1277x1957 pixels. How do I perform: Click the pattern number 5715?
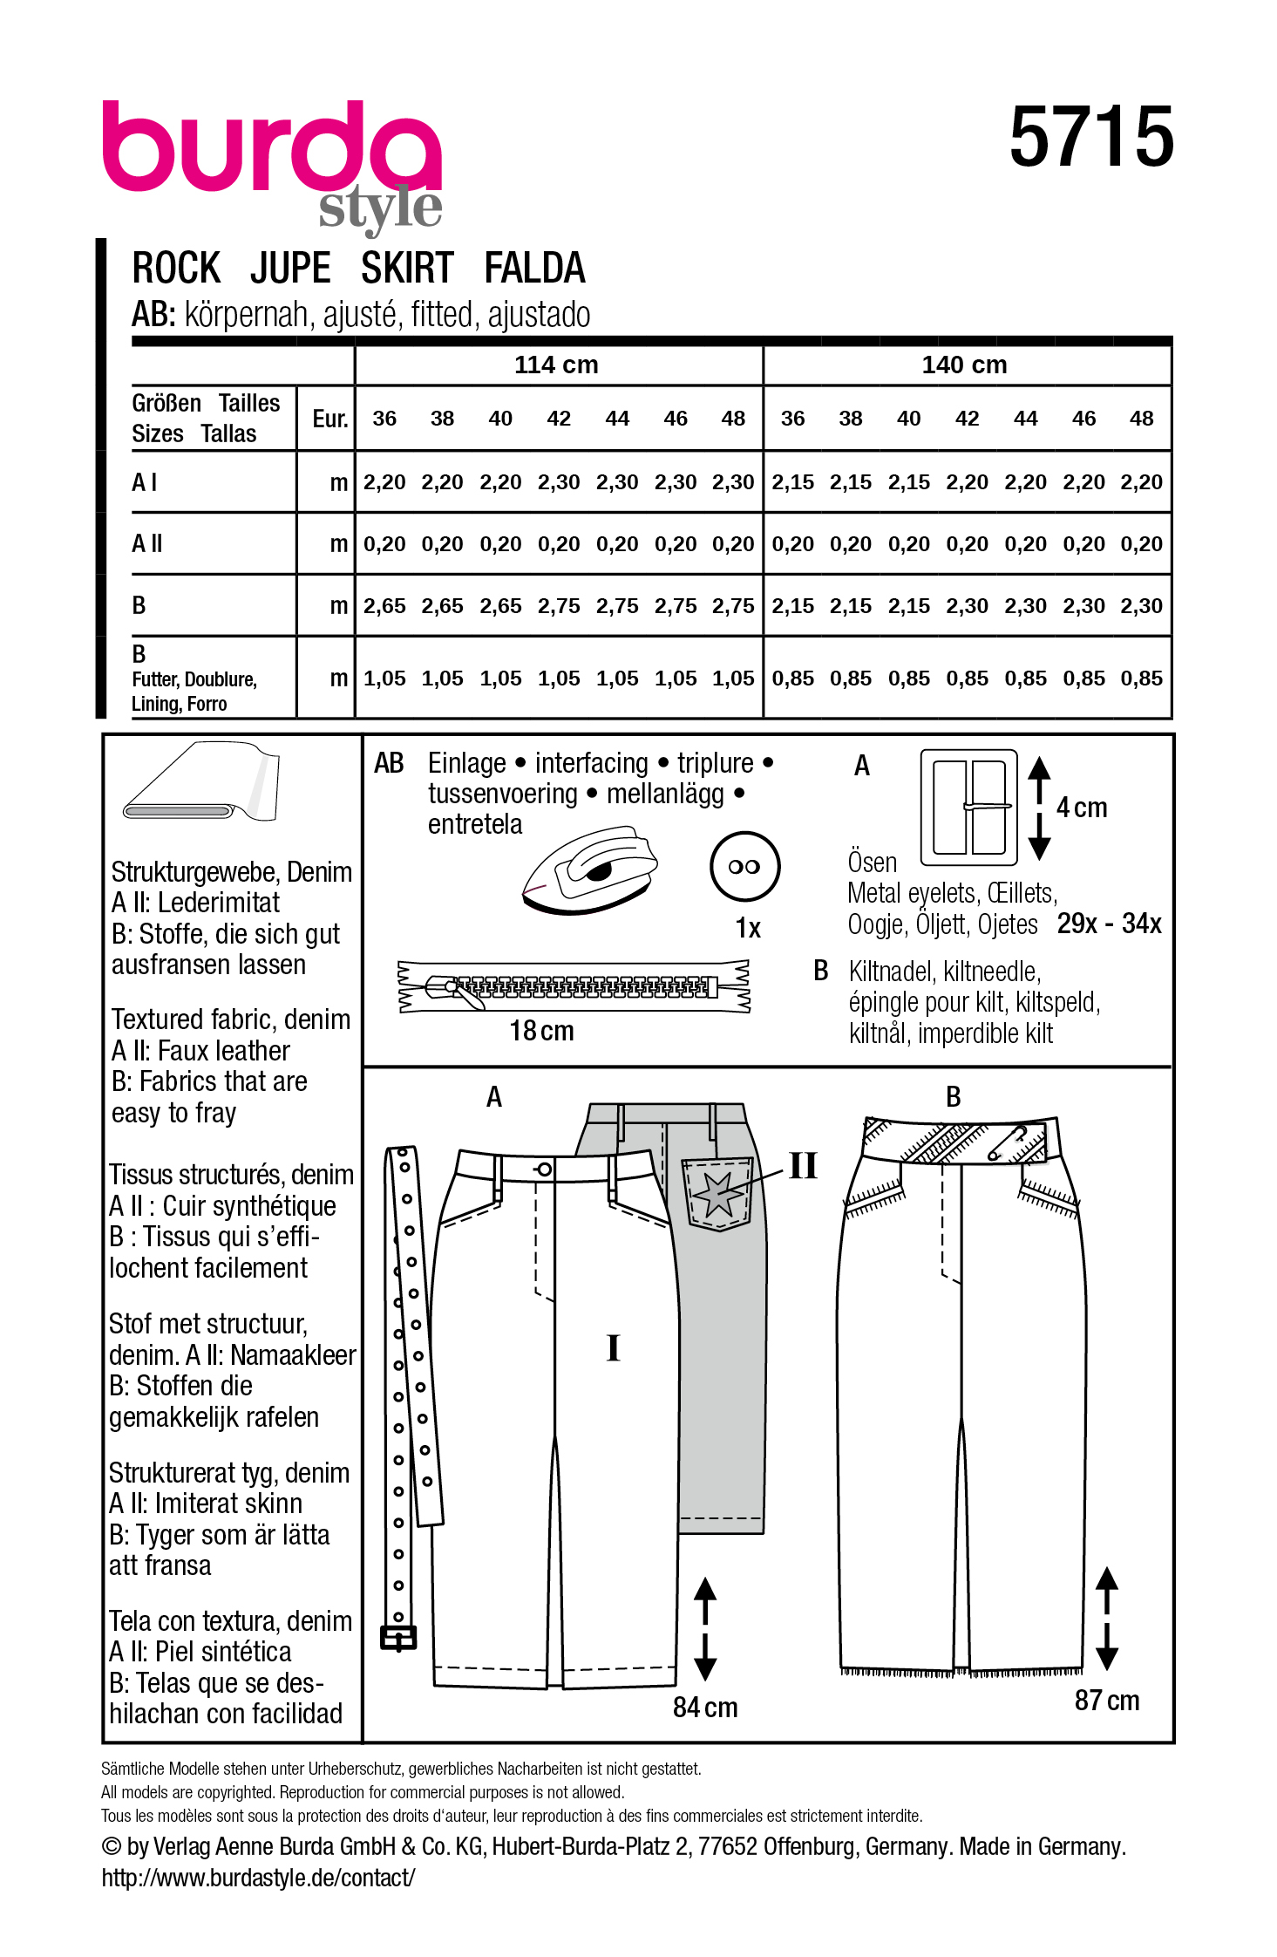click(1090, 137)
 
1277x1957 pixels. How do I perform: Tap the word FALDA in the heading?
click(533, 268)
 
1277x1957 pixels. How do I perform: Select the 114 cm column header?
click(556, 365)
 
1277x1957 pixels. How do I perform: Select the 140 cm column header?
click(964, 365)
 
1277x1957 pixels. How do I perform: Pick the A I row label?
click(145, 482)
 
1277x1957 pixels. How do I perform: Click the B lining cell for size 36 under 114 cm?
click(384, 678)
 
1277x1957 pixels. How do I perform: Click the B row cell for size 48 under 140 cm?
click(1141, 606)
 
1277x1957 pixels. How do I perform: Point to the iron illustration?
click(589, 871)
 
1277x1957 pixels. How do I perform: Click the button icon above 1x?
click(744, 866)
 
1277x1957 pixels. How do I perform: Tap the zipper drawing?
click(574, 986)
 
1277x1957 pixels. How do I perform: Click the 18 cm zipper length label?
click(541, 1031)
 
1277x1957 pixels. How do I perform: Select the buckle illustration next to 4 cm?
click(968, 807)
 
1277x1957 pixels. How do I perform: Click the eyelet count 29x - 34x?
click(1109, 924)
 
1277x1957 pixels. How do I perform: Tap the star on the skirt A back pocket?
click(718, 1193)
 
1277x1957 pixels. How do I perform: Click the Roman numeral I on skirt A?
click(613, 1347)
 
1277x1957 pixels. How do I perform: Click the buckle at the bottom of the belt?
click(398, 1639)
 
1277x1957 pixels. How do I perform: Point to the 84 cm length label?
click(704, 1707)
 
